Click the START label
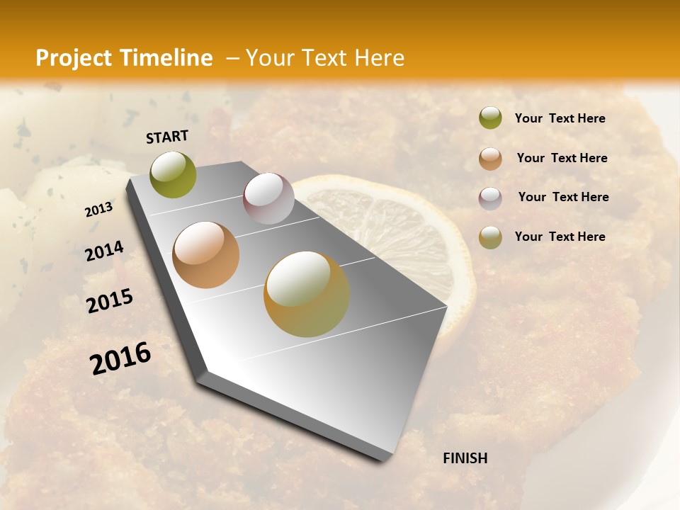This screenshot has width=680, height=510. point(167,137)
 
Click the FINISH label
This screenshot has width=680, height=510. point(465,458)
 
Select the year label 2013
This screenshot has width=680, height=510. point(99,210)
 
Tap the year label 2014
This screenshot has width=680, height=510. point(104,251)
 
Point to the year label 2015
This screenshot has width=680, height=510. point(110,301)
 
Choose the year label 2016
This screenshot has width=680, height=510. point(120,358)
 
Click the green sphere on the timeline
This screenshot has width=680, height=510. point(173,174)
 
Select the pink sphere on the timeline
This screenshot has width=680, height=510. point(268,198)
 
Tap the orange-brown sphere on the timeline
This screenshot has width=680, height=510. point(206,255)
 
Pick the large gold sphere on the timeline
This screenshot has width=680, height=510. point(307,293)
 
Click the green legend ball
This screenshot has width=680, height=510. point(490,118)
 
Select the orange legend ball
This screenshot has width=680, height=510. point(490,158)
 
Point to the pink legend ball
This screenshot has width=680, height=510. point(490,198)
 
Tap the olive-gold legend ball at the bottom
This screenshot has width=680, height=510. point(490,237)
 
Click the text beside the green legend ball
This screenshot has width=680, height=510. point(560,119)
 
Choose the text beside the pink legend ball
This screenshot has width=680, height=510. point(563,197)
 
